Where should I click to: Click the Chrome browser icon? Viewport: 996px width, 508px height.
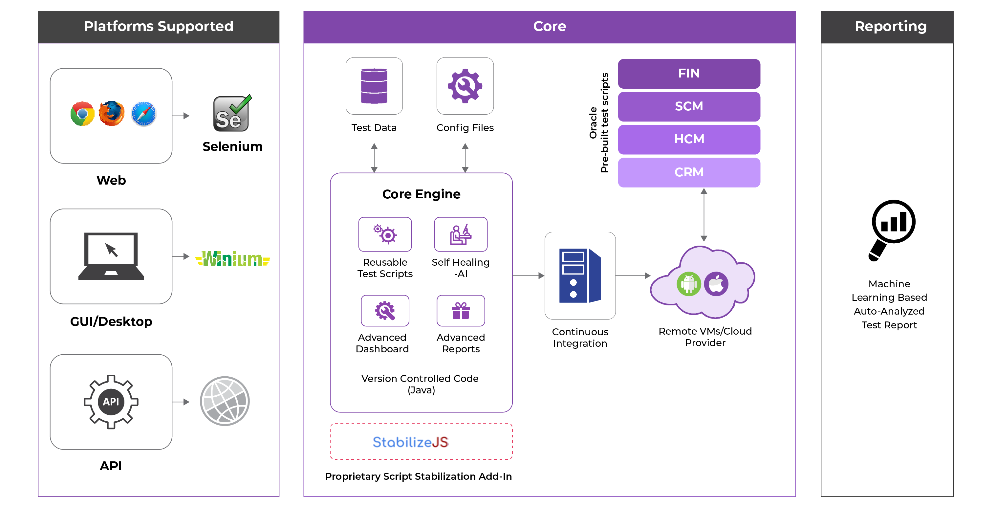(82, 114)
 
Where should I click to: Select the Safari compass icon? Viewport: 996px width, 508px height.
(144, 114)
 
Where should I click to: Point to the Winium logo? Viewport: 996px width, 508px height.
(233, 259)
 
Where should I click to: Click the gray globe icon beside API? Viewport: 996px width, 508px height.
(225, 401)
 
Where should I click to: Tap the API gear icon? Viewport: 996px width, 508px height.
(111, 402)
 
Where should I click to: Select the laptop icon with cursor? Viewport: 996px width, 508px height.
(111, 256)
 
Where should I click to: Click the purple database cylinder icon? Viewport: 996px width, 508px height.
(374, 86)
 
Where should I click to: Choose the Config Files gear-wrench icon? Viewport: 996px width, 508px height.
(465, 86)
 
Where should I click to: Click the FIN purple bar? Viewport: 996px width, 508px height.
(689, 74)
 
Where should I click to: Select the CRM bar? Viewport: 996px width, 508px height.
(689, 172)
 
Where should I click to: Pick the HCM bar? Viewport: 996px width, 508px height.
(689, 139)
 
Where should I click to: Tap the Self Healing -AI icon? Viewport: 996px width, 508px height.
(461, 234)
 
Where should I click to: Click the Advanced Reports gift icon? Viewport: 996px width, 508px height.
(461, 311)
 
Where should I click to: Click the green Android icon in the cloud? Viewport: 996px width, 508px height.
(689, 284)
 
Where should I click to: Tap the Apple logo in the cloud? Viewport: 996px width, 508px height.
(716, 284)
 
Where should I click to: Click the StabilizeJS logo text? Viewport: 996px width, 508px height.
(410, 442)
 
